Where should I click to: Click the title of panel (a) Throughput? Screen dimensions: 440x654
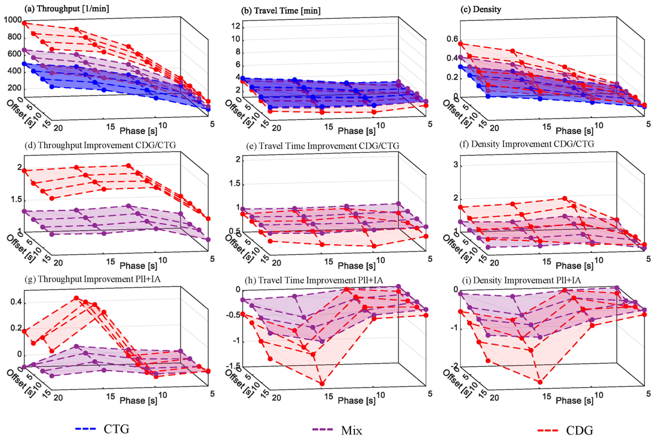(67, 9)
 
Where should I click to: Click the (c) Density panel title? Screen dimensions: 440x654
(481, 9)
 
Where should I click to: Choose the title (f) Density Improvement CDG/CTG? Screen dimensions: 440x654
(527, 144)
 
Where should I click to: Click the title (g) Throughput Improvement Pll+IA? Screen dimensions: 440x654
(92, 279)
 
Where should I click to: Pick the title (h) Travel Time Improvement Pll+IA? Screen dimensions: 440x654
(314, 280)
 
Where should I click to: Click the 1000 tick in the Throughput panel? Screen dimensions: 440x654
(13, 20)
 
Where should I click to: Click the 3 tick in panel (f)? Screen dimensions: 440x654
(456, 165)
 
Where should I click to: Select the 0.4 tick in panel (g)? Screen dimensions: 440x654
(16, 302)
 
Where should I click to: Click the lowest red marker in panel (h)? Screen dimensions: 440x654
(322, 384)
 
